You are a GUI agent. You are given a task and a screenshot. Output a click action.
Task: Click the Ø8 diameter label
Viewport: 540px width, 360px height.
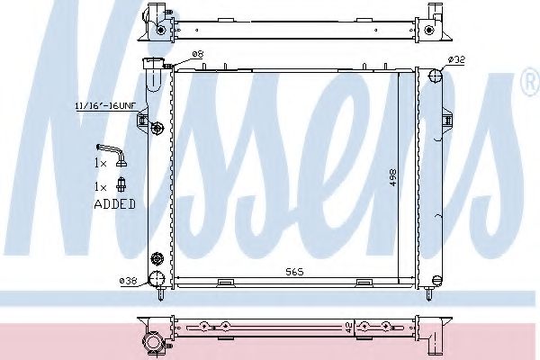point(199,56)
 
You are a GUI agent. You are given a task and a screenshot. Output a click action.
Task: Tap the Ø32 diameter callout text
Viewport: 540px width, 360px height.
point(456,59)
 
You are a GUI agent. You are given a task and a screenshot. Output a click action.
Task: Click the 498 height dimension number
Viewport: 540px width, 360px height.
point(391,178)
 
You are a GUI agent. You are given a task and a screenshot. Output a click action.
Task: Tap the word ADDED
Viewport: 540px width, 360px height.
point(114,204)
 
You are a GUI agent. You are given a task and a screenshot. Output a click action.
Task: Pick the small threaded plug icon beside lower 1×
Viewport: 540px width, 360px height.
point(121,185)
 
